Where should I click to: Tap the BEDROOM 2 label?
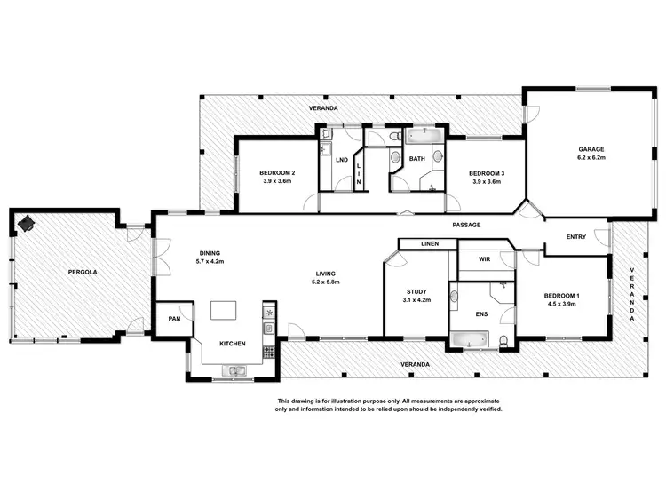click(277, 172)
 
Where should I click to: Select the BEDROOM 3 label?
click(487, 172)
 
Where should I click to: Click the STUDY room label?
click(416, 290)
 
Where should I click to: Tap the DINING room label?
click(210, 252)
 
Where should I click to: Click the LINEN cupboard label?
click(429, 243)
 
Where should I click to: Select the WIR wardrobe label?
click(485, 259)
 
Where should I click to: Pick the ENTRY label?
click(576, 237)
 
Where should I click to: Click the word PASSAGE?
click(466, 225)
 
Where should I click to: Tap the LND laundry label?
click(341, 160)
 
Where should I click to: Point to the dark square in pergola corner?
click(28, 224)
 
